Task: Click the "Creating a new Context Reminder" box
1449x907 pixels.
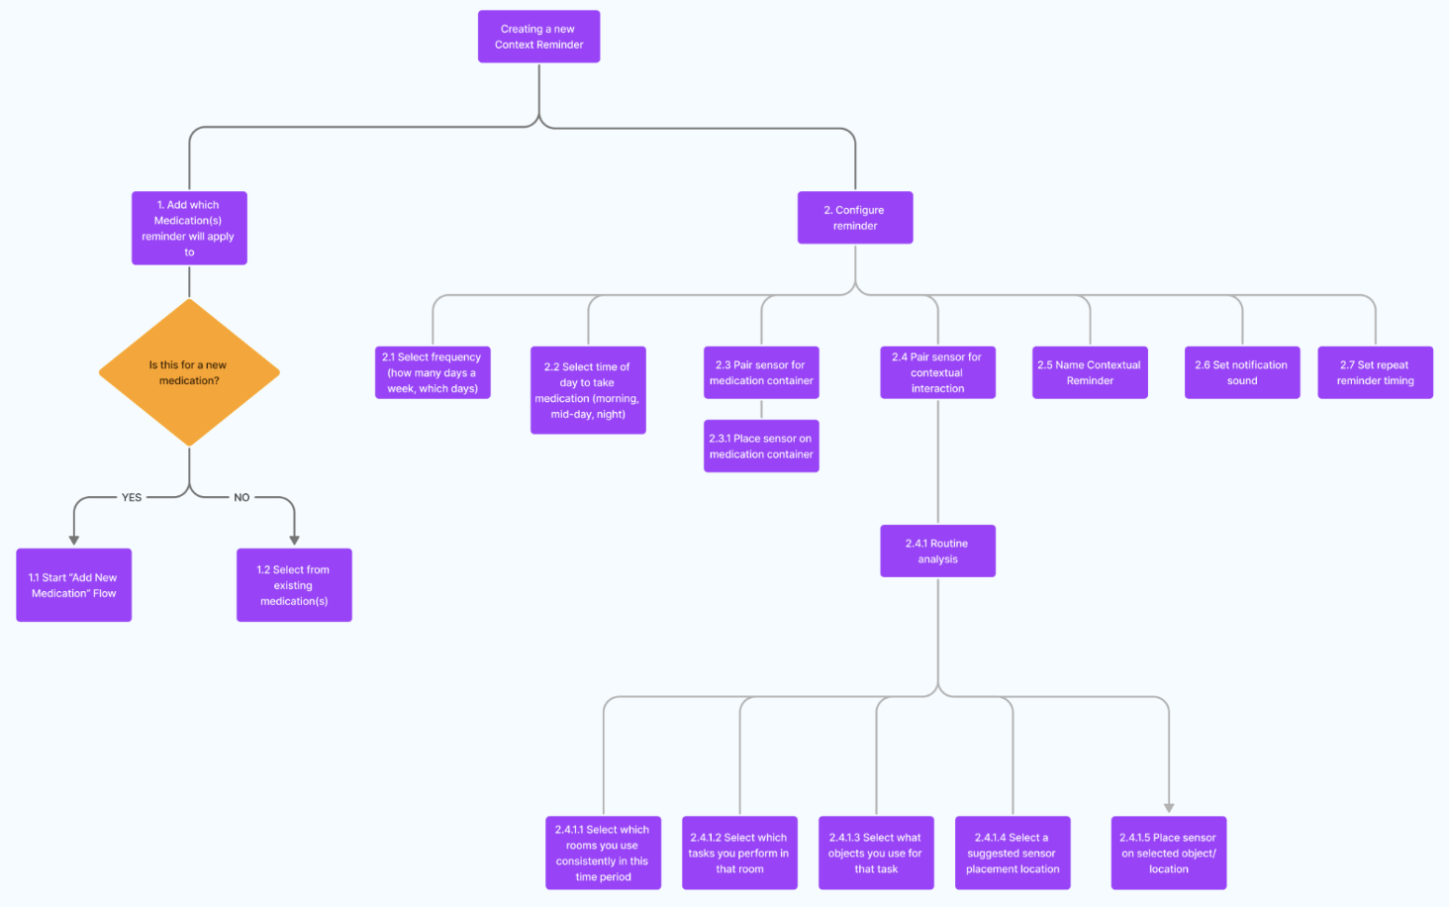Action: pos(538,37)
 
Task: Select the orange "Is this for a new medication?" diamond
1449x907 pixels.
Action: pos(189,373)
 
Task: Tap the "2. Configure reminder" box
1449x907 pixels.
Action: pos(855,218)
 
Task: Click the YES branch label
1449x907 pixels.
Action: pos(132,497)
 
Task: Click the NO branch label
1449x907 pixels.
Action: pos(241,497)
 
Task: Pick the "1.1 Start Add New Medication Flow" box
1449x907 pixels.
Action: pos(73,585)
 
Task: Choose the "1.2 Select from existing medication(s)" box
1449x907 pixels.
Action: pos(294,585)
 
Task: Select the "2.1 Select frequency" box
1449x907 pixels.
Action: pos(433,372)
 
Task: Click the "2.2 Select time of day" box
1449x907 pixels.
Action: pos(588,390)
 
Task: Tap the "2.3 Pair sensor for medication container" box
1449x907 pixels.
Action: pos(761,372)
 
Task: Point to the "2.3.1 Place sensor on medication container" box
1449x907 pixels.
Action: pos(761,447)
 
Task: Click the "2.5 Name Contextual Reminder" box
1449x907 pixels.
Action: pos(1090,372)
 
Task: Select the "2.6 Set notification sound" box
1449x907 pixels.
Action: pos(1242,372)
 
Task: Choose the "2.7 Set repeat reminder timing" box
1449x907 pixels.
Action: pos(1375,372)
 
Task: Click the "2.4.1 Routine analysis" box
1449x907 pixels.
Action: pos(937,551)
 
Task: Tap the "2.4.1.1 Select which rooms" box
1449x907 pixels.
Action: pos(603,853)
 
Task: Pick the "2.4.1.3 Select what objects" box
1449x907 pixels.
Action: pos(876,853)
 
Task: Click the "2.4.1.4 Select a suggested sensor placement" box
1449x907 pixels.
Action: pos(1013,853)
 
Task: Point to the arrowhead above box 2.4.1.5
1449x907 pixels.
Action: pos(1169,808)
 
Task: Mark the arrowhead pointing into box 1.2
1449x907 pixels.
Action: pos(294,540)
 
